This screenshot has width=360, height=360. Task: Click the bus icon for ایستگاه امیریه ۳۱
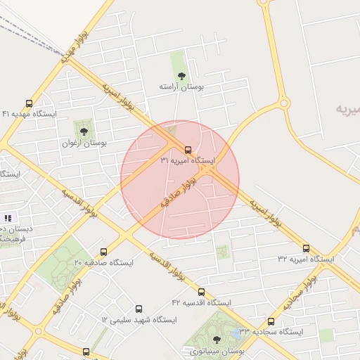click(x=188, y=150)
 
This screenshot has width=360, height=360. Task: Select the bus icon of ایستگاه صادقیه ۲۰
click(x=104, y=252)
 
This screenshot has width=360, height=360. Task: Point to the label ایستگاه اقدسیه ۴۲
click(x=201, y=302)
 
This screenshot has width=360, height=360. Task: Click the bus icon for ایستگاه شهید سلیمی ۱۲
click(x=139, y=309)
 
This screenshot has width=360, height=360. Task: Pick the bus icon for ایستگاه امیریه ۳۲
click(x=306, y=248)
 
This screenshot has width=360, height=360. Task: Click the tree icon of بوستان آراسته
click(x=181, y=75)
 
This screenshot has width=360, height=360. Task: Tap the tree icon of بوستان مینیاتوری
click(x=216, y=340)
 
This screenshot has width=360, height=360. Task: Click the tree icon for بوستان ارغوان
click(x=84, y=131)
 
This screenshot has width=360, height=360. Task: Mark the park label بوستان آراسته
click(x=181, y=86)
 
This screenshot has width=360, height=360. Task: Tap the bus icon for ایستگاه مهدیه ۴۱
click(x=29, y=103)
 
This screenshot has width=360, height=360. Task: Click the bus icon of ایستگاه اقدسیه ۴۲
click(x=201, y=292)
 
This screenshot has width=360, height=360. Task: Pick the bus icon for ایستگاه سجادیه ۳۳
click(x=271, y=321)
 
